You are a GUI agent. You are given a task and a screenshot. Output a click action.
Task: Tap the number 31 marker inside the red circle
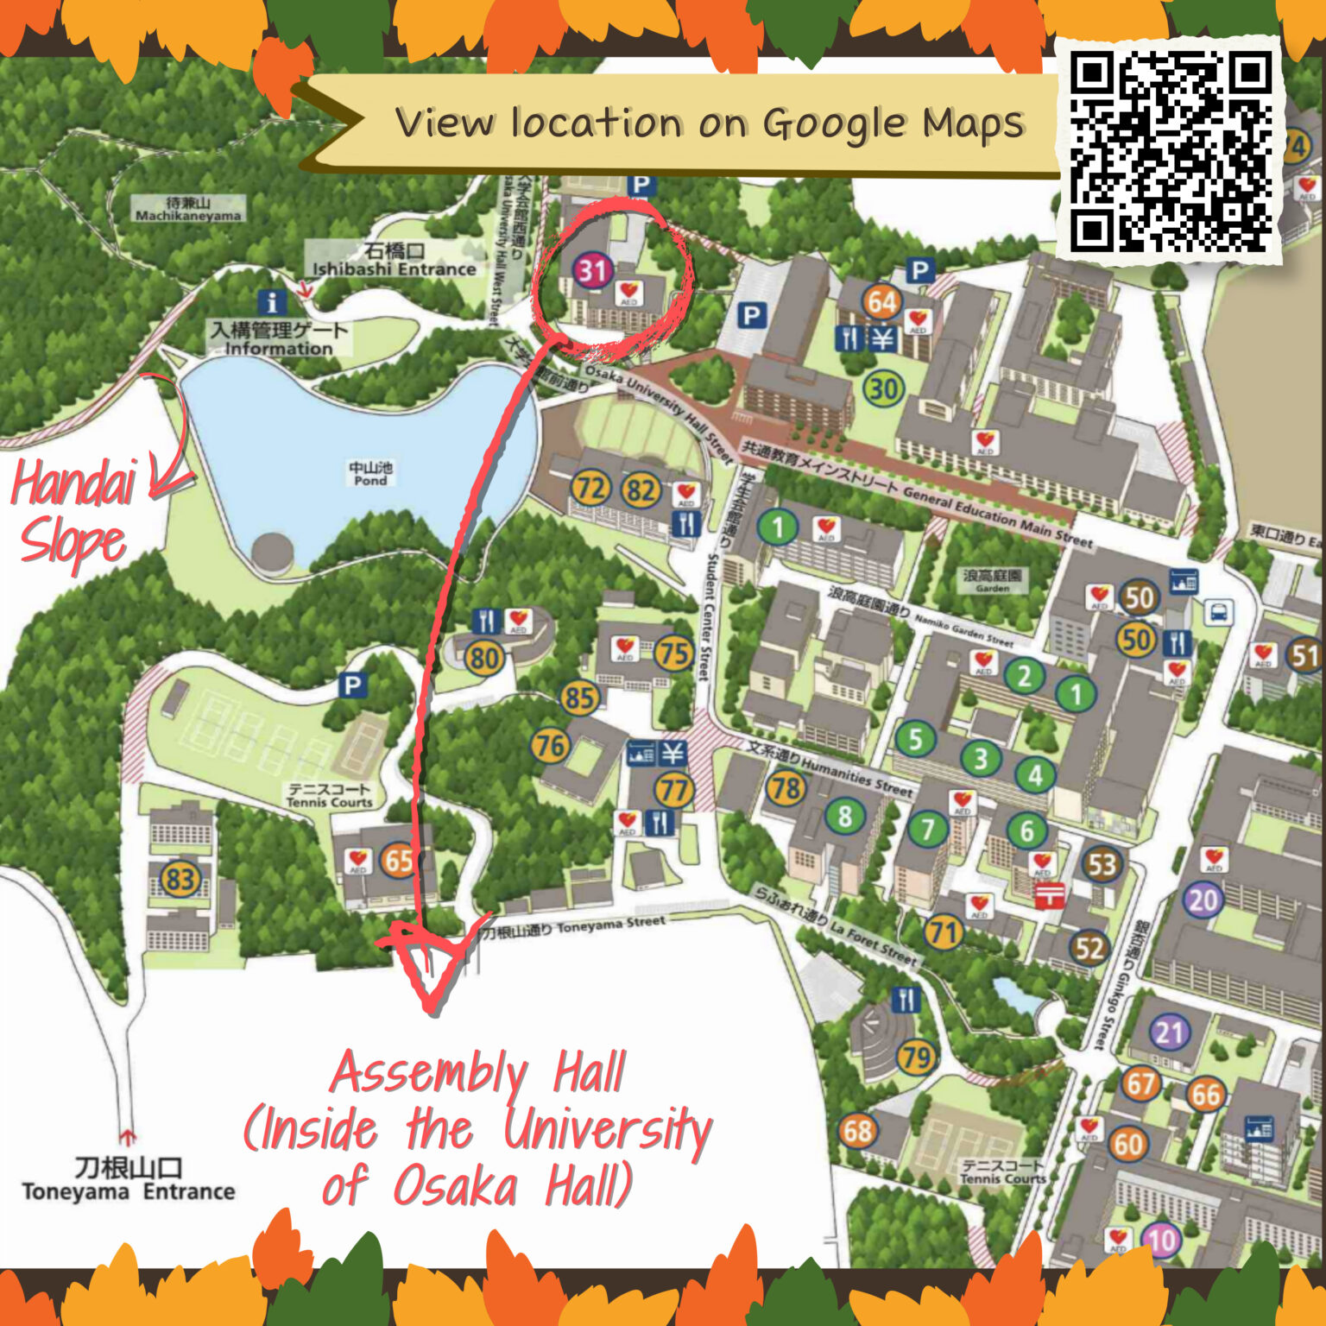(x=593, y=270)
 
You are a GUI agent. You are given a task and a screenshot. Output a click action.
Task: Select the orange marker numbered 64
(x=881, y=302)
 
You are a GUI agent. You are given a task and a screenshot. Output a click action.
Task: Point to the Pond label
(x=370, y=473)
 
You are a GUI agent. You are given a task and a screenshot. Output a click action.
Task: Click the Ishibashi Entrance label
(x=395, y=260)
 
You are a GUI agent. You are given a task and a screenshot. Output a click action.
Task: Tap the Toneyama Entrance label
(x=129, y=1180)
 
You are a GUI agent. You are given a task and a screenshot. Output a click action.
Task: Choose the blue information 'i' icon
(x=272, y=302)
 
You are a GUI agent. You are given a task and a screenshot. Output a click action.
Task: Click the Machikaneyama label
(x=187, y=210)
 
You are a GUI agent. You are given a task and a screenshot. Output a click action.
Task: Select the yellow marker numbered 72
(x=591, y=489)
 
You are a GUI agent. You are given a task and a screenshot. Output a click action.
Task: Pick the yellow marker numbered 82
(x=641, y=490)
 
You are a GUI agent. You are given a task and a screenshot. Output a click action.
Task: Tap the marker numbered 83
(x=180, y=880)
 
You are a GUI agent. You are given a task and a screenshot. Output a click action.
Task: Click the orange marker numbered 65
(x=399, y=861)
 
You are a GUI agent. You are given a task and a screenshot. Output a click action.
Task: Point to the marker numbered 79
(x=917, y=1056)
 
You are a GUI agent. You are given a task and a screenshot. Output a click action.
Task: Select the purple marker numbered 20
(x=1203, y=900)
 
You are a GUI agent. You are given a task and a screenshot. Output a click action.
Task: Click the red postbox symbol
(x=1048, y=895)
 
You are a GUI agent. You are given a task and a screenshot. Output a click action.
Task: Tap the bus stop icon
(x=1217, y=613)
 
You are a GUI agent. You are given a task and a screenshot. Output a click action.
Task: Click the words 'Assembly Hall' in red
(x=477, y=1073)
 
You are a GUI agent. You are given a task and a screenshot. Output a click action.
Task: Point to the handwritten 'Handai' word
(x=73, y=484)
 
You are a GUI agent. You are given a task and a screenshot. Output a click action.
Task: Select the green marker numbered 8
(x=844, y=816)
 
